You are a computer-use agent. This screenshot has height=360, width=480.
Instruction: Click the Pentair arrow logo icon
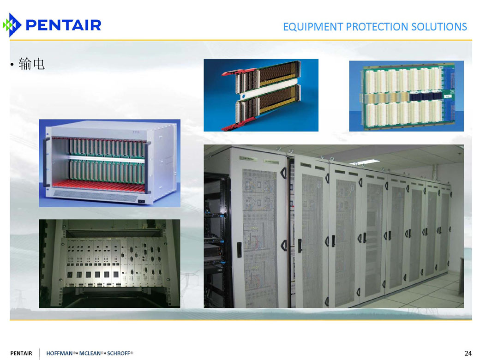click(x=12, y=25)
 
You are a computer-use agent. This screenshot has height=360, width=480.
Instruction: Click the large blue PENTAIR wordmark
click(x=64, y=25)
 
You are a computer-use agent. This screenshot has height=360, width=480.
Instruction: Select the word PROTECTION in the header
click(x=377, y=27)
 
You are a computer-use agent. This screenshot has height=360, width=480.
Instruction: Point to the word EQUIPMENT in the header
click(x=313, y=27)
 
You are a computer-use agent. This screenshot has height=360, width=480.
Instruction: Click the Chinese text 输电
click(x=31, y=64)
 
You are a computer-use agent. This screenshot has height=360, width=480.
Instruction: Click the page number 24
click(x=468, y=353)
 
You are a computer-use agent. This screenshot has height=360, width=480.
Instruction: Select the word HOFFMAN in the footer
click(x=60, y=353)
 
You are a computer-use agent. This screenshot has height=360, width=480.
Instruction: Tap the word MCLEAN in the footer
click(x=90, y=353)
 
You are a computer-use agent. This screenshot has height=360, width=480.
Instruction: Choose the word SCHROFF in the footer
click(x=119, y=353)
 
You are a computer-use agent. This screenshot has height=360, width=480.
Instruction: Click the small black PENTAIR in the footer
click(x=21, y=353)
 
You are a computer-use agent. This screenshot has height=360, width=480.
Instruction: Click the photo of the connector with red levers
click(x=261, y=95)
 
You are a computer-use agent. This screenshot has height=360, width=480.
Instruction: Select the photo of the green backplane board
click(x=407, y=96)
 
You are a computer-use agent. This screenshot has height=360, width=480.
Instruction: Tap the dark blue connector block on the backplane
click(x=426, y=97)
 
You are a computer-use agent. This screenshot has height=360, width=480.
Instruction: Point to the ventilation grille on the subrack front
click(x=96, y=196)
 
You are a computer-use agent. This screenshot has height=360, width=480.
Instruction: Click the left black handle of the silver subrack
click(x=47, y=162)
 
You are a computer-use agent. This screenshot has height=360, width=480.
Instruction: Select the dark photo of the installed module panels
click(x=109, y=264)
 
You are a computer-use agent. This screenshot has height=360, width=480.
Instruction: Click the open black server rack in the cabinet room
click(x=217, y=239)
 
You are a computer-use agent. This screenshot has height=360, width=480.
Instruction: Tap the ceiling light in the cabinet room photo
click(x=364, y=162)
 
